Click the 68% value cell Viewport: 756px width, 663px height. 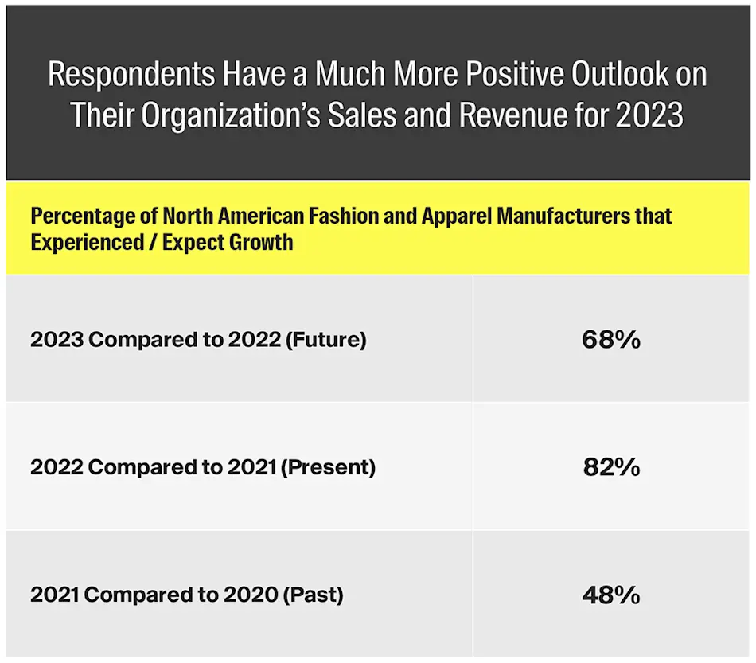[x=610, y=340]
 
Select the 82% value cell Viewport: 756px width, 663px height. [x=610, y=467]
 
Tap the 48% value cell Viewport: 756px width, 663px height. [x=610, y=595]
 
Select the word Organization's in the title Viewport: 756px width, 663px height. [x=246, y=115]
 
